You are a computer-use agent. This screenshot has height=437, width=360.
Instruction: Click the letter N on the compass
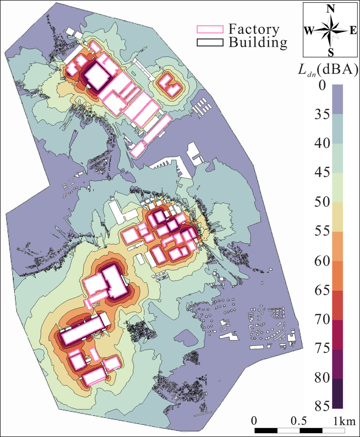(x=331, y=10)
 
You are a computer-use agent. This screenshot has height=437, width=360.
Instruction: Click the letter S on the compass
(x=331, y=52)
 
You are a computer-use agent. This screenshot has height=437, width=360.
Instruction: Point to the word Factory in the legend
(x=254, y=29)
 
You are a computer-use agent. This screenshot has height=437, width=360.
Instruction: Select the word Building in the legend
(x=257, y=42)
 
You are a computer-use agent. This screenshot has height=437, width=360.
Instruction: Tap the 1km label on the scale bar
(x=345, y=420)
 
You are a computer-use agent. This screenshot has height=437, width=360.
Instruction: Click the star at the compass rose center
(x=331, y=31)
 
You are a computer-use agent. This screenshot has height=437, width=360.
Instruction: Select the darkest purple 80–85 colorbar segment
(x=337, y=394)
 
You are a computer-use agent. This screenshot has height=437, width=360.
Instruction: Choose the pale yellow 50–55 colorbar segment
(x=337, y=217)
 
